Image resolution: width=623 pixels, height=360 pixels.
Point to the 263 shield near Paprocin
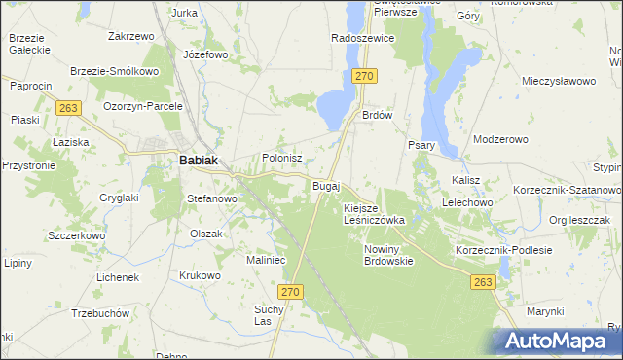(x=67, y=108)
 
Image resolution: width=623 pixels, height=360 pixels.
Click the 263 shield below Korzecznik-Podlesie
(x=483, y=281)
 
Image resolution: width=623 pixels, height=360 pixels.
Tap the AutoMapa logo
(x=558, y=342)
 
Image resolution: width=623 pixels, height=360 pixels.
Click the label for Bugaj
(x=325, y=185)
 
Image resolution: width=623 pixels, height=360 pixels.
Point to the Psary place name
(x=421, y=145)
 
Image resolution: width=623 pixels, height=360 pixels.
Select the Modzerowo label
(x=499, y=139)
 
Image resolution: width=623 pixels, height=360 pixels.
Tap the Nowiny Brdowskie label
(x=388, y=255)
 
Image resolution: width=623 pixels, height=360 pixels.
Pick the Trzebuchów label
(x=101, y=314)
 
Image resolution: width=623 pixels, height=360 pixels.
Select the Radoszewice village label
(x=362, y=38)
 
